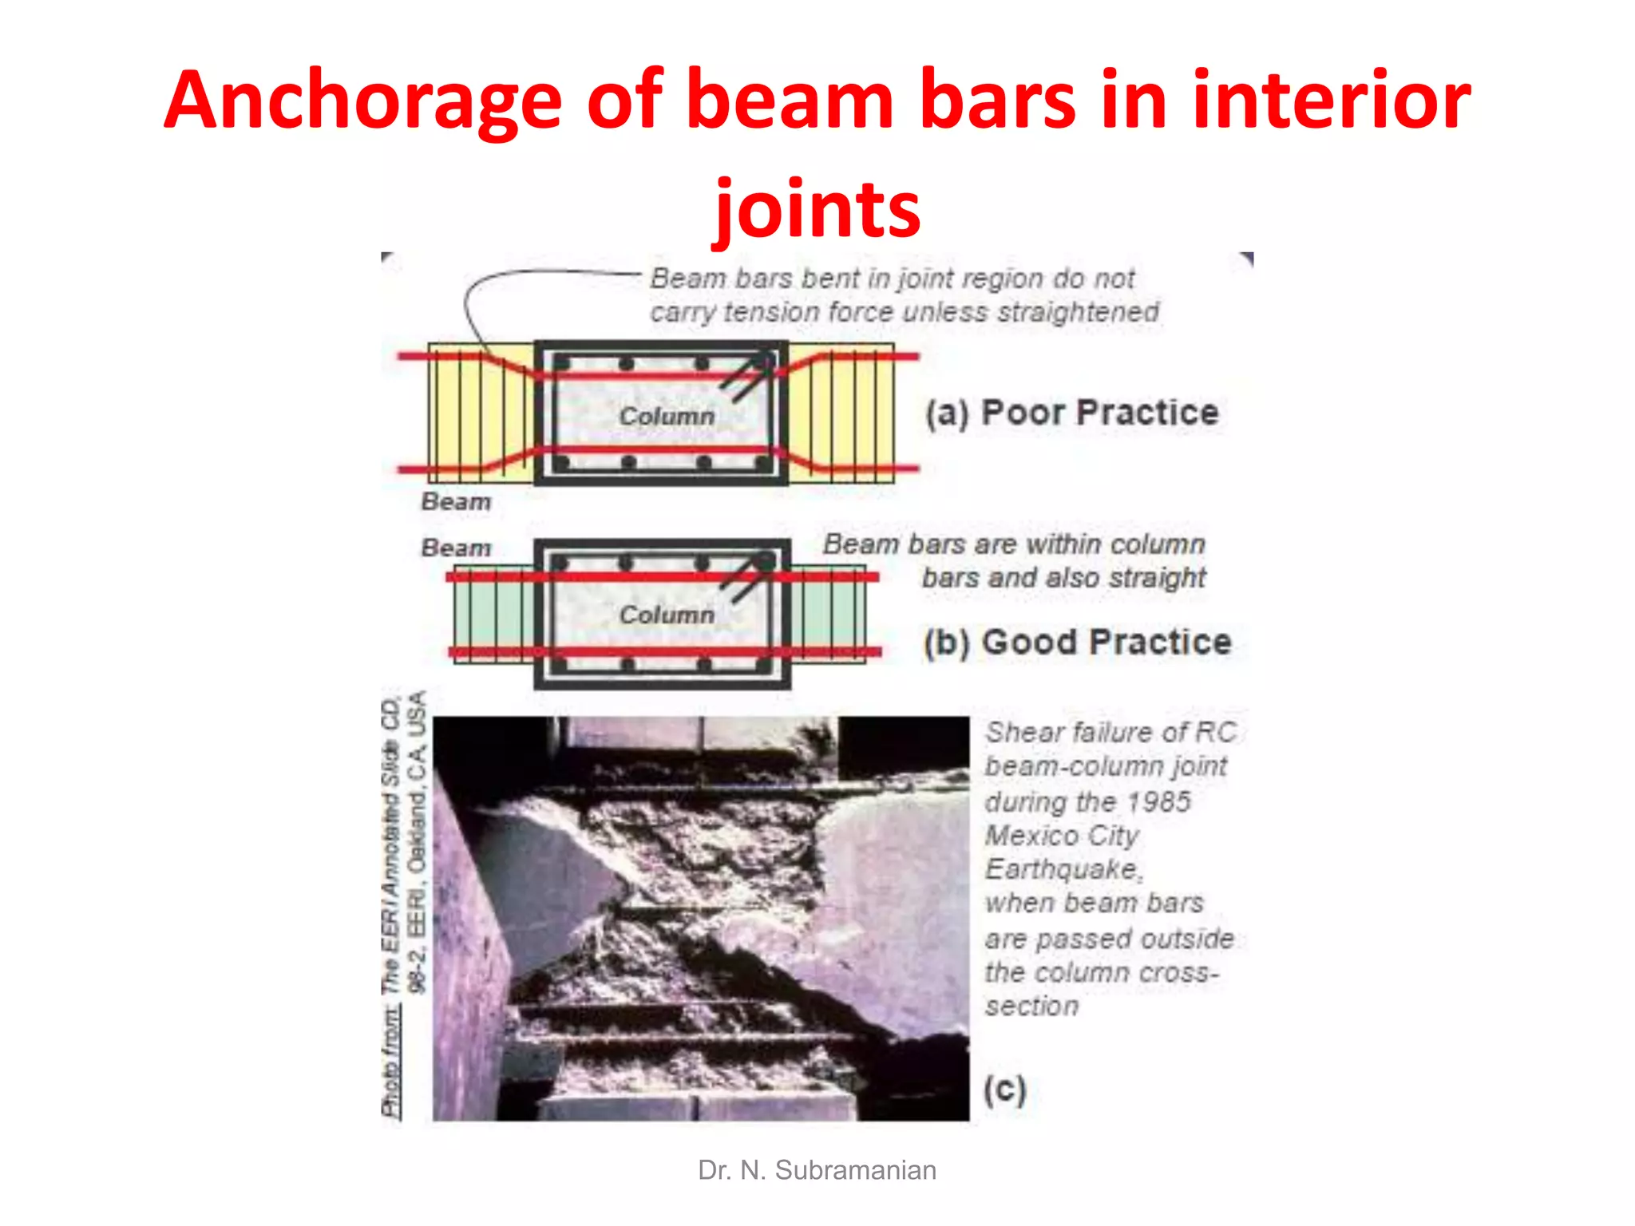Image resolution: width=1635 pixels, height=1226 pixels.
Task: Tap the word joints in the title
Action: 817,209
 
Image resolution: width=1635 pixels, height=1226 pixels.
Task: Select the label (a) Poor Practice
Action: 1072,413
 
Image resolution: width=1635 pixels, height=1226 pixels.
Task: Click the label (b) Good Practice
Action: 1077,643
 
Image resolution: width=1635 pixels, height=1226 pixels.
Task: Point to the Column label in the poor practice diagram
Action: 667,416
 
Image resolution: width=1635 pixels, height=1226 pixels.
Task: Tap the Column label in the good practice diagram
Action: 667,615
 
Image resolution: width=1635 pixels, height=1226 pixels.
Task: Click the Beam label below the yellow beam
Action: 456,502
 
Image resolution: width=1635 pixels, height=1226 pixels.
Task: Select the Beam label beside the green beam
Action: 456,548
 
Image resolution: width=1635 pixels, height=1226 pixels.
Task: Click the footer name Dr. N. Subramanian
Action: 817,1170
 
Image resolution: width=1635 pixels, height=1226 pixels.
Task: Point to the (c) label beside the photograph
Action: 1004,1090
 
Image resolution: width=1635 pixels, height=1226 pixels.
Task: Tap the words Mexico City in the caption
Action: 1062,836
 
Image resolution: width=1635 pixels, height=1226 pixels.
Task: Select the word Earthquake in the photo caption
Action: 1063,869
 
